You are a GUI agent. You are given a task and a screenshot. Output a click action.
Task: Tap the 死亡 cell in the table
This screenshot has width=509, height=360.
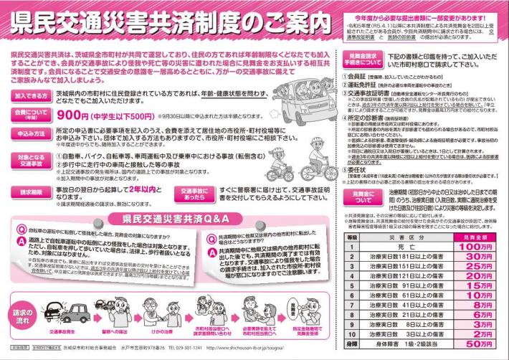409,245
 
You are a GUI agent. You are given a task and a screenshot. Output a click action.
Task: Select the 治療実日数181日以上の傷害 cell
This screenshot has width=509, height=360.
409,255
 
